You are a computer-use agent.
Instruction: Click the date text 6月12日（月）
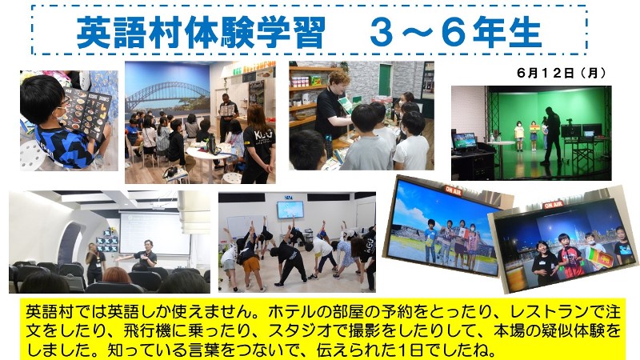(x=562, y=73)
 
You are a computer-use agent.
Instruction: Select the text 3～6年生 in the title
(x=455, y=32)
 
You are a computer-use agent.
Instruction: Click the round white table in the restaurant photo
(x=208, y=155)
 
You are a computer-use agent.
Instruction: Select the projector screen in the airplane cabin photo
(x=154, y=233)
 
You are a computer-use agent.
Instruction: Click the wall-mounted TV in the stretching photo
(x=290, y=210)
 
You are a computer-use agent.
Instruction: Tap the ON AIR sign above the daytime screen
(x=453, y=190)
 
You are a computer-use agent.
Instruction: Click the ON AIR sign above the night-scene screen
(x=553, y=205)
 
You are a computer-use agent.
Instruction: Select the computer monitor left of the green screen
(x=465, y=142)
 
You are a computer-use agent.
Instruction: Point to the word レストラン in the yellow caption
(x=550, y=313)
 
